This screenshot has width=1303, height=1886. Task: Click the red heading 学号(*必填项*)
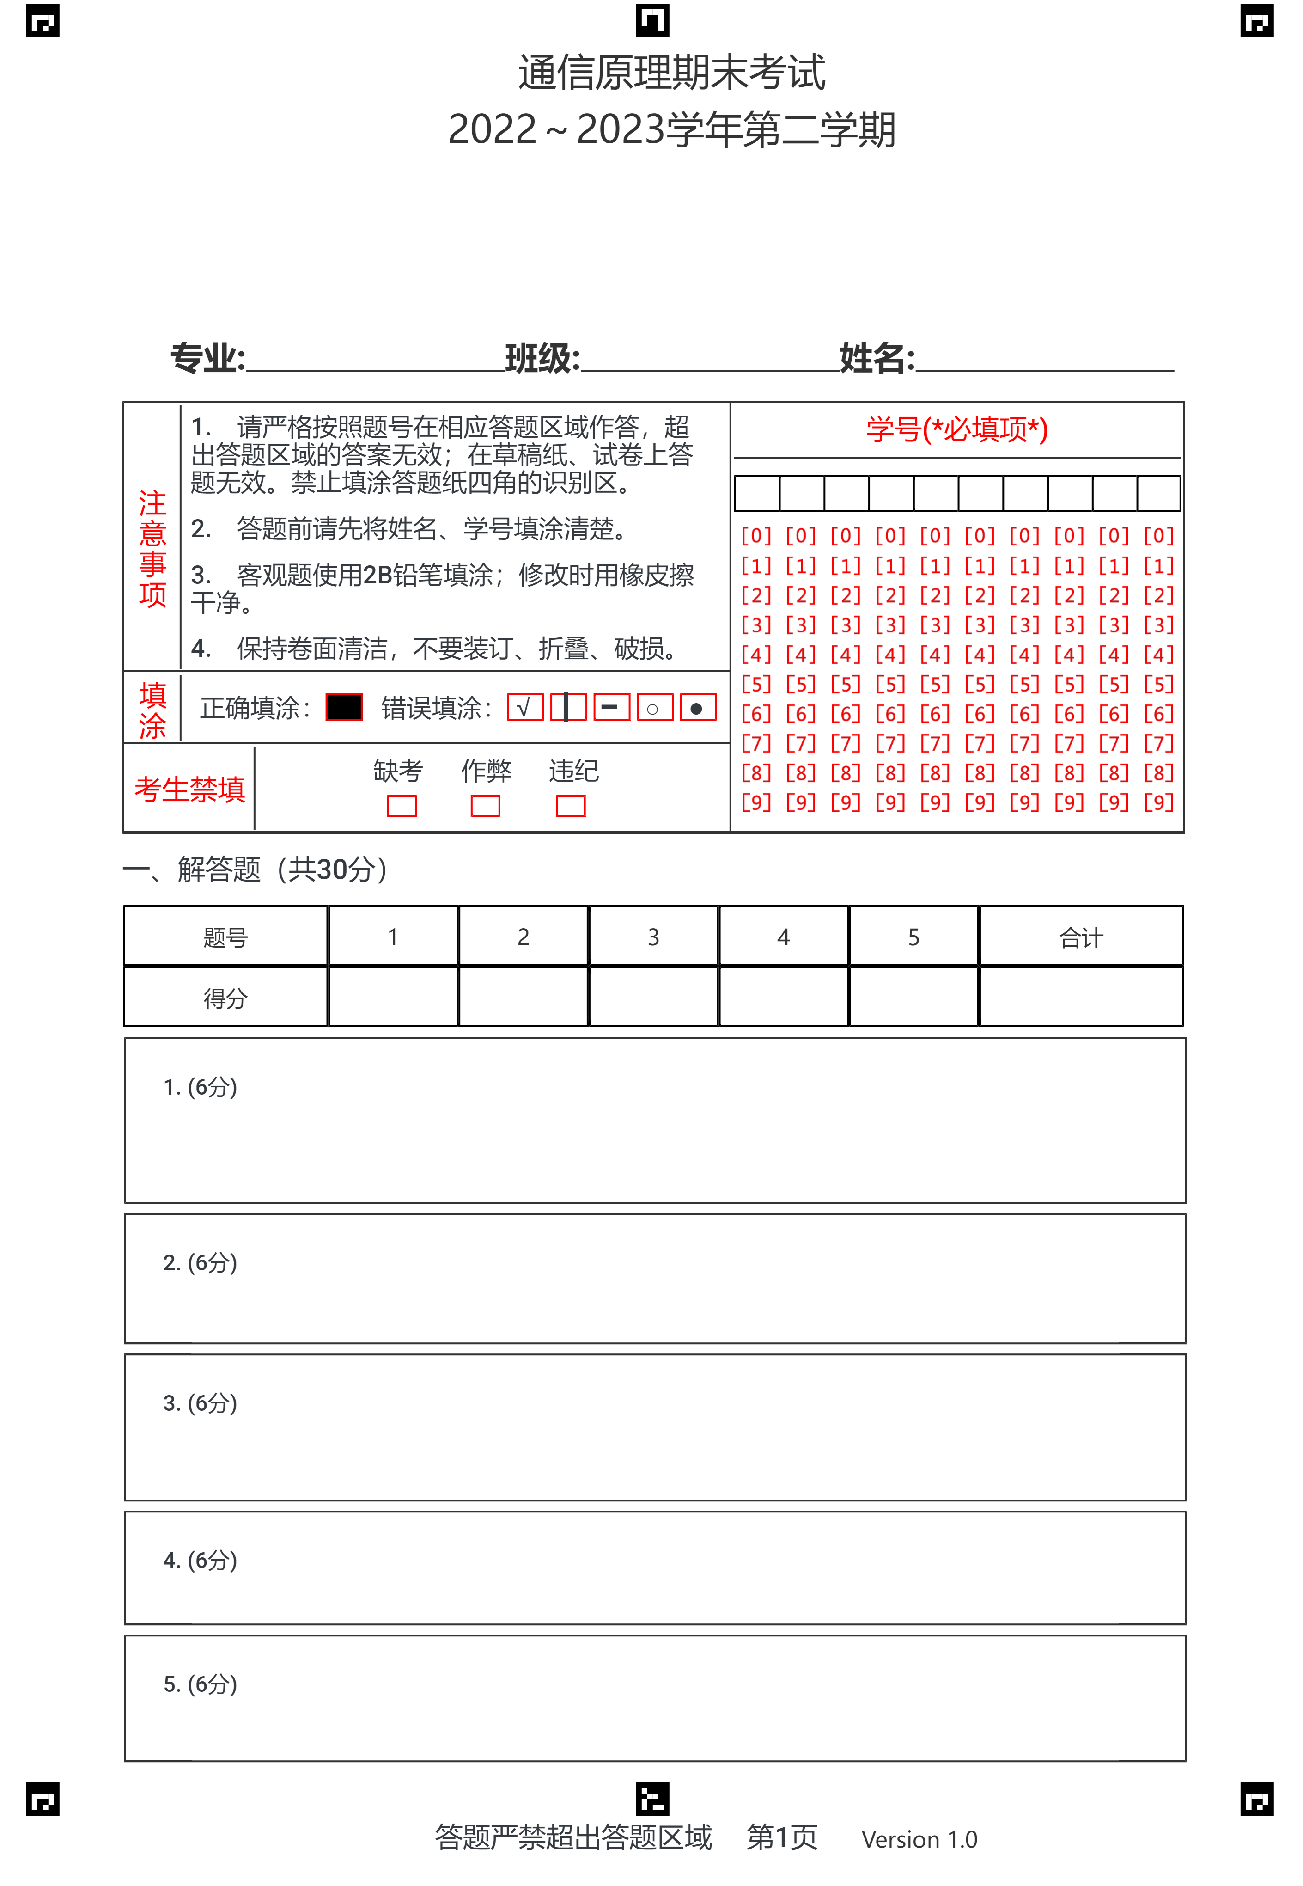pyautogui.click(x=957, y=429)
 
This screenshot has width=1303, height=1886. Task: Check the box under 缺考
pyautogui.click(x=402, y=806)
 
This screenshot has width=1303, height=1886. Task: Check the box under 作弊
pyautogui.click(x=485, y=806)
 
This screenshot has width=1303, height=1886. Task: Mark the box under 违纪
pyautogui.click(x=571, y=806)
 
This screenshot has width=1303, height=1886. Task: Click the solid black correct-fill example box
pyautogui.click(x=344, y=707)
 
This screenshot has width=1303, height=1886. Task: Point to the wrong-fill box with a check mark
pyautogui.click(x=525, y=707)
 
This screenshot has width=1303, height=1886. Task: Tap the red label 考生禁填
pyautogui.click(x=189, y=789)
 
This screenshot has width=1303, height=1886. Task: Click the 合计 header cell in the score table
pyautogui.click(x=1081, y=937)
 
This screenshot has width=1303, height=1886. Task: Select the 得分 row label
pyautogui.click(x=225, y=998)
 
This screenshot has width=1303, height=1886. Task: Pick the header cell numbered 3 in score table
pyautogui.click(x=653, y=937)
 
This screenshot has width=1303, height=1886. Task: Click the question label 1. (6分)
pyautogui.click(x=200, y=1087)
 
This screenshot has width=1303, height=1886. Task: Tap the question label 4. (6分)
pyautogui.click(x=200, y=1560)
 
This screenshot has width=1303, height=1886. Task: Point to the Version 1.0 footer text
pyautogui.click(x=919, y=1839)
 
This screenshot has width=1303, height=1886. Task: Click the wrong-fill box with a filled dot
pyautogui.click(x=698, y=707)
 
